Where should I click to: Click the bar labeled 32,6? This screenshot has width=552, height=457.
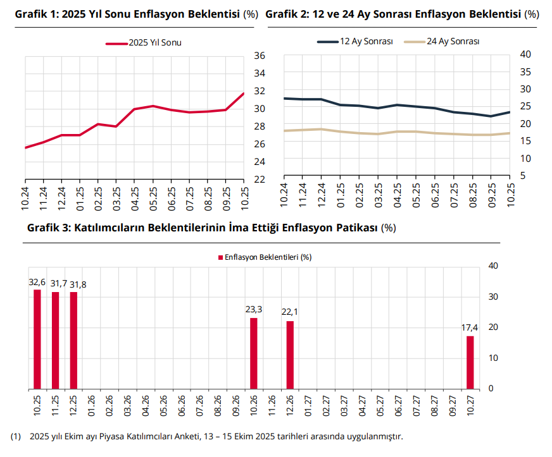pos(37,339)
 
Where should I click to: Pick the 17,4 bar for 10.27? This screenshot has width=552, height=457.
pos(470,362)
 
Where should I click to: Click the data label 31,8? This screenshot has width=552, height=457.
pos(78,285)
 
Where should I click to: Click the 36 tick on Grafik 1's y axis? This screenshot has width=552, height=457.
pos(259,56)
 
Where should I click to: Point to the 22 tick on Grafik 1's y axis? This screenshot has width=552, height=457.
pos(259,180)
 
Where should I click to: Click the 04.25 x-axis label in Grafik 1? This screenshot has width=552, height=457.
pos(135,197)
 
